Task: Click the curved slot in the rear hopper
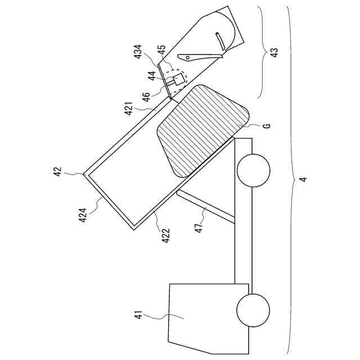coord(220,40)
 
